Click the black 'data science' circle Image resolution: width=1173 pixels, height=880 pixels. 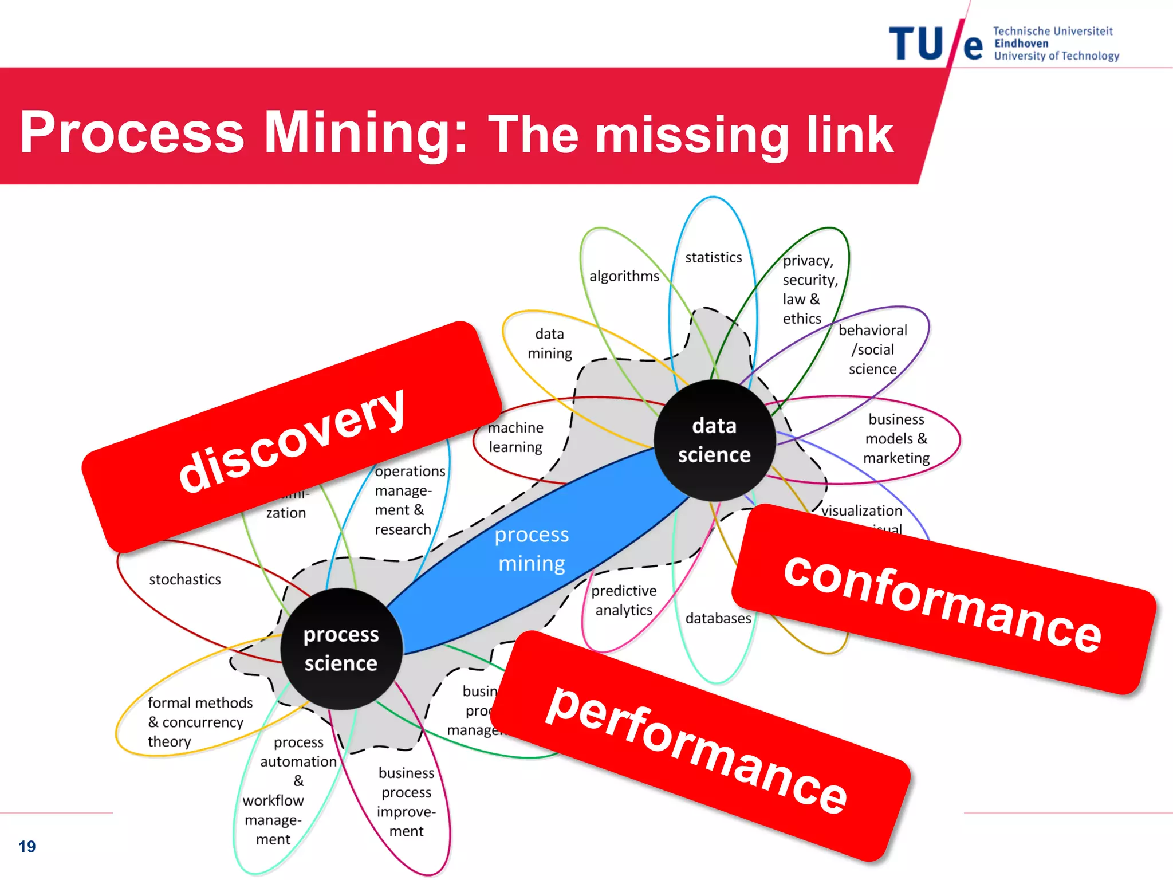pyautogui.click(x=714, y=440)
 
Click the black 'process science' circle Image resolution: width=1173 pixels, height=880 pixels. pyautogui.click(x=341, y=649)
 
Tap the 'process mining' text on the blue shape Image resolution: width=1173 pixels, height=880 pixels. pyautogui.click(x=532, y=549)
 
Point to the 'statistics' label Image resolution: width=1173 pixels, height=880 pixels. pyautogui.click(x=713, y=257)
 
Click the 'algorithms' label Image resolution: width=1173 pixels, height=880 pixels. pyautogui.click(x=624, y=276)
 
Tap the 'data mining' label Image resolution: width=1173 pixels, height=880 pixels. pyautogui.click(x=549, y=343)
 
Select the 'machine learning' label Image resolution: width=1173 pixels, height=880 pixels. pyautogui.click(x=515, y=437)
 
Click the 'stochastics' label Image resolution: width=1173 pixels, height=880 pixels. pyautogui.click(x=184, y=579)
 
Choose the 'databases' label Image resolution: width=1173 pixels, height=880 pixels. pyautogui.click(x=718, y=618)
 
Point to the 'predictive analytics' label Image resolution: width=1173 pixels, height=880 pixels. pyautogui.click(x=624, y=600)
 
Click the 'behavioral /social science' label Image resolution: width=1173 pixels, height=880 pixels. pyautogui.click(x=872, y=349)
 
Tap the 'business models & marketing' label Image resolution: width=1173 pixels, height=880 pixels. pyautogui.click(x=896, y=439)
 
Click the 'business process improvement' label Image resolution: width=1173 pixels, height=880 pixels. pyautogui.click(x=406, y=802)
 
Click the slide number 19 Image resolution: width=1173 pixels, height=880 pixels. pyautogui.click(x=27, y=846)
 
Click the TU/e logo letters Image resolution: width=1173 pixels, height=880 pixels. pyautogui.click(x=935, y=44)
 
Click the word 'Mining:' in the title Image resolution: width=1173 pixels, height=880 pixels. pyautogui.click(x=365, y=133)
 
